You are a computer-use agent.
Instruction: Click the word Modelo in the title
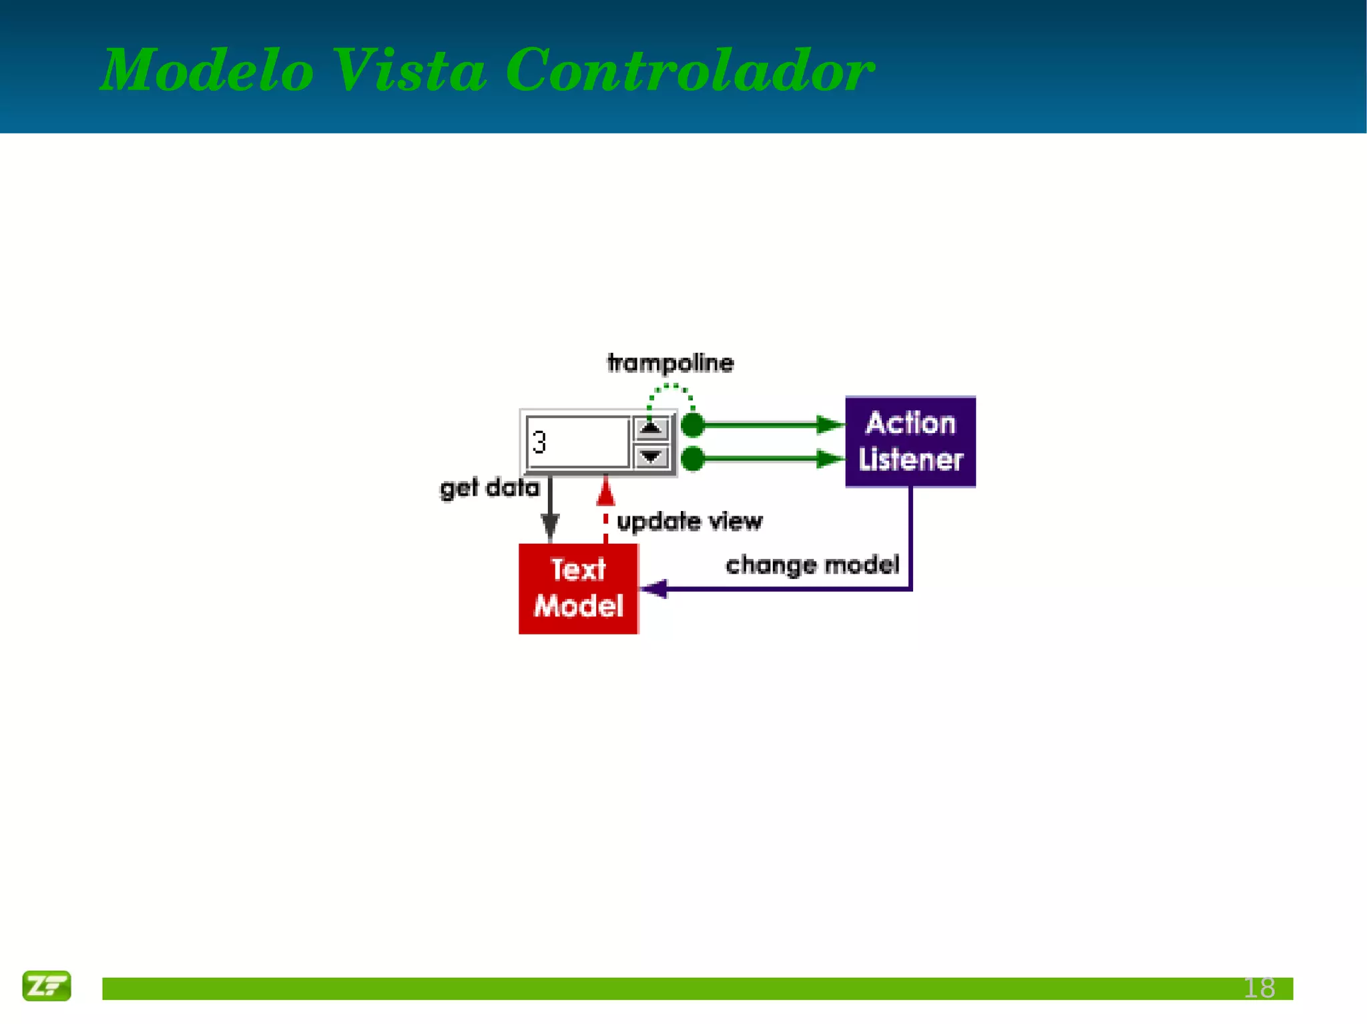pos(207,70)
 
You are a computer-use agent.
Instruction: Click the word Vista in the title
pos(408,70)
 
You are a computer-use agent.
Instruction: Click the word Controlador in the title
pos(690,70)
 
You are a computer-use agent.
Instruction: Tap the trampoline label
pos(670,363)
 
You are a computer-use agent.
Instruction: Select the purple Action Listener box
pos(910,442)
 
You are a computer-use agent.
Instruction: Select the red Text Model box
pos(578,588)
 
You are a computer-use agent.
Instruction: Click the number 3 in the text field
pos(539,442)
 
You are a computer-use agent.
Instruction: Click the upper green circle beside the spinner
pos(693,424)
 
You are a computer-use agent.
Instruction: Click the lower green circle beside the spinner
pos(693,459)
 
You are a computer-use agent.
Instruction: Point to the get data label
pos(489,488)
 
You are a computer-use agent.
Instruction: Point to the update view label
pos(689,521)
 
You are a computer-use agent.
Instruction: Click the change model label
pos(812,565)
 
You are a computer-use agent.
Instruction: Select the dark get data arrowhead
pos(550,527)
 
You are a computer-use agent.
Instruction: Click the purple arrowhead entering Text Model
pos(654,588)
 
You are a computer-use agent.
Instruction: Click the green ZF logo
pos(46,985)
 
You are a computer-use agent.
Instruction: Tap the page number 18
pos(1259,988)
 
